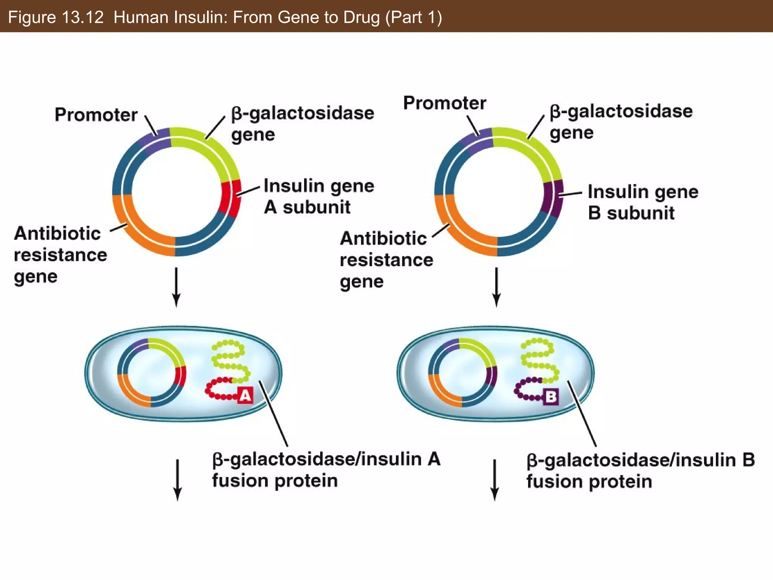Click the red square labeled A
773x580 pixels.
[245, 396]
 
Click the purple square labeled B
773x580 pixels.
[551, 397]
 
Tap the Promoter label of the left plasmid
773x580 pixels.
[96, 114]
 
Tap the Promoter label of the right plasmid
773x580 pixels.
[445, 103]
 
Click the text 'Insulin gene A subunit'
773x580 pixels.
[318, 196]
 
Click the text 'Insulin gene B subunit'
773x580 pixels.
[642, 202]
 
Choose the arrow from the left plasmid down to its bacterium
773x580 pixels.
[176, 287]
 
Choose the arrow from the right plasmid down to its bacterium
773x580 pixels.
[496, 287]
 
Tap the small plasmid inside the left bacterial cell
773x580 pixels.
[151, 372]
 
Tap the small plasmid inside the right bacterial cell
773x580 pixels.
[462, 372]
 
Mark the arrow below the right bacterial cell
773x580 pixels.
[494, 480]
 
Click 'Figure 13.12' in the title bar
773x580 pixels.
[55, 17]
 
